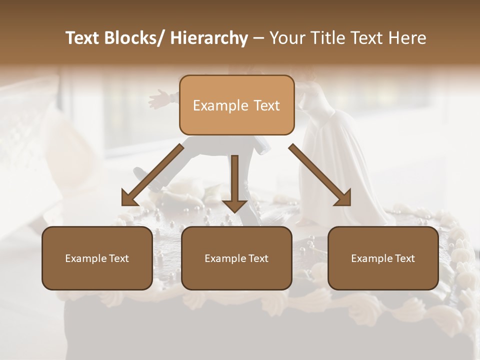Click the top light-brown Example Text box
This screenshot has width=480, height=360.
pos(236,105)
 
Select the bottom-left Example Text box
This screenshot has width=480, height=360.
pos(97,258)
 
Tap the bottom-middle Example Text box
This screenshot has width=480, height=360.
pos(236,258)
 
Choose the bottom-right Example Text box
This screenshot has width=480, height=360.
pos(383,258)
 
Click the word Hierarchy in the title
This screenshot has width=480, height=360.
pos(209,38)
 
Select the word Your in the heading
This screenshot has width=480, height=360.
pos(286,38)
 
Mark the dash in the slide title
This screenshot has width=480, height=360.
pos(258,38)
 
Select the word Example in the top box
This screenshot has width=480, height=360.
pos(217,105)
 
